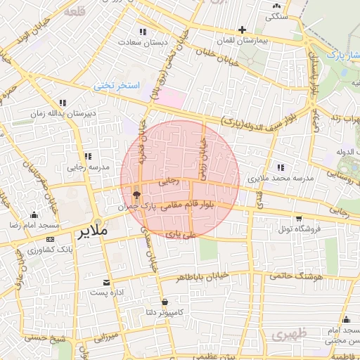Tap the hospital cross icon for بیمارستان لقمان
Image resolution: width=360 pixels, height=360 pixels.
coord(243,30)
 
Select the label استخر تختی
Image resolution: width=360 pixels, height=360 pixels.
coord(117,85)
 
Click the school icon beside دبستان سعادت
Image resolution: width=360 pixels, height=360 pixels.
coord(143,32)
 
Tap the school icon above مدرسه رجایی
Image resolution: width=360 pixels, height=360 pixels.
coord(88,156)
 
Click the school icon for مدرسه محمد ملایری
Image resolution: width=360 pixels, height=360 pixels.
coord(281,167)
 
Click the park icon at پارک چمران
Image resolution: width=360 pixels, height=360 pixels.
coord(136,195)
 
